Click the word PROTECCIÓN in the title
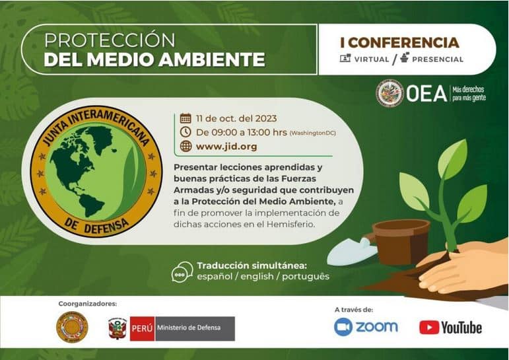(x=110, y=40)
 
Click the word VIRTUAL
(x=372, y=59)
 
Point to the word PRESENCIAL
(x=438, y=59)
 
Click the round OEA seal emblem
(x=390, y=93)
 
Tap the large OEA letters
(x=426, y=93)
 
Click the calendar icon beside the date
(x=186, y=118)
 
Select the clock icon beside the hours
(x=186, y=132)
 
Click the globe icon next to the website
(x=186, y=146)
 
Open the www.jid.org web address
(x=226, y=147)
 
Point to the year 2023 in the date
(x=266, y=118)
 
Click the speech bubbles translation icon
(x=182, y=271)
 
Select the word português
(x=306, y=277)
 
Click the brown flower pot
(x=401, y=240)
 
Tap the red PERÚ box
(x=142, y=328)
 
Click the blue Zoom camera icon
(x=343, y=327)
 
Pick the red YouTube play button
(x=429, y=328)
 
